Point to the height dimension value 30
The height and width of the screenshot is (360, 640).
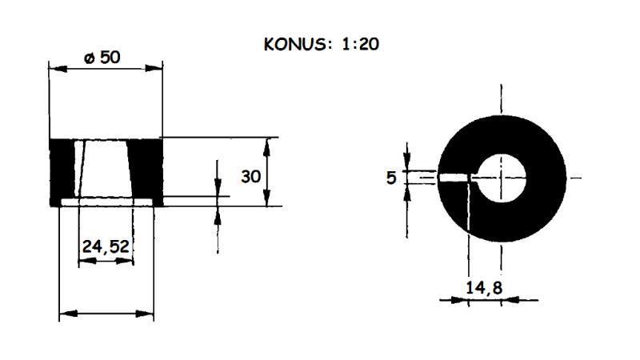point(251,177)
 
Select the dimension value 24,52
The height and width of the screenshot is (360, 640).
point(106,247)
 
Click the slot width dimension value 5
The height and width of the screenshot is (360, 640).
point(391,178)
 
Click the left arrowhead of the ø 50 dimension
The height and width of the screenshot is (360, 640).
point(54,69)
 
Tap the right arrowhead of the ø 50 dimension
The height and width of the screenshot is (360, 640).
point(158,69)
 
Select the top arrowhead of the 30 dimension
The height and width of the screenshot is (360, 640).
point(267,142)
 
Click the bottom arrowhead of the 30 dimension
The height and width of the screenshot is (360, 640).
point(267,201)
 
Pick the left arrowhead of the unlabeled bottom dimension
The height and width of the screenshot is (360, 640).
point(66,314)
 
